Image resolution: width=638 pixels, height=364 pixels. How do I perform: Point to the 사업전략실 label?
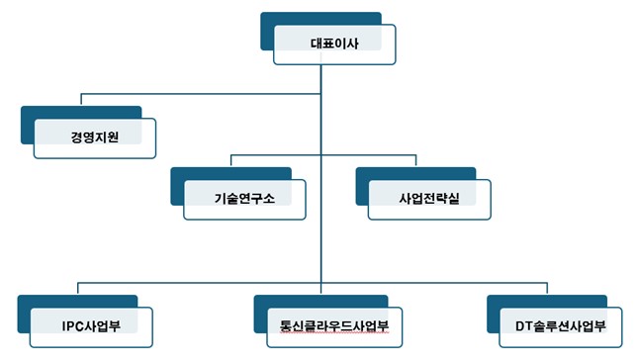pyautogui.click(x=428, y=198)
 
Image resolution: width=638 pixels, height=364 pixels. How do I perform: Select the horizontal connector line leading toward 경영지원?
pyautogui.click(x=198, y=94)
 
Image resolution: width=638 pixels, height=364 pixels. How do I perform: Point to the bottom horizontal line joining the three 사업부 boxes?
pyautogui.click(x=198, y=280)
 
